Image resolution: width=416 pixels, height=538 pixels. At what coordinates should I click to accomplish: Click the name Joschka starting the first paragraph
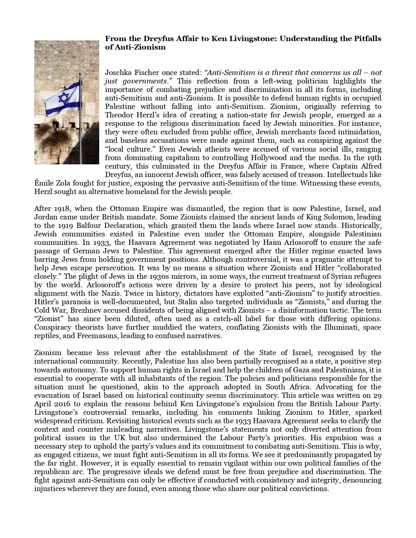tap(117, 72)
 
